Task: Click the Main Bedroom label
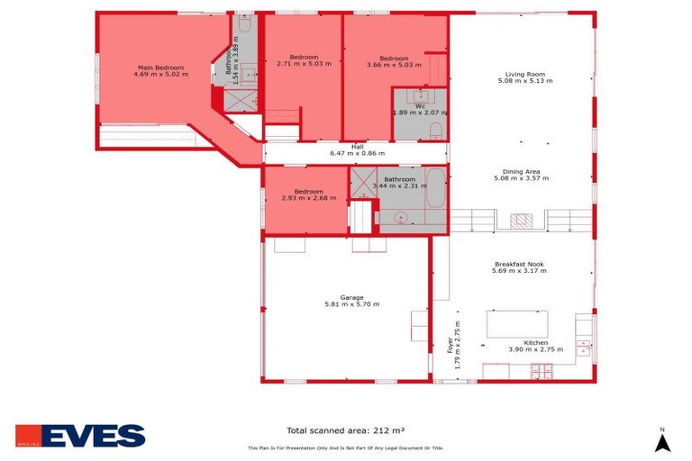(x=161, y=68)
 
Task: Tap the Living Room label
(x=524, y=75)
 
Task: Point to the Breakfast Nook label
(x=519, y=264)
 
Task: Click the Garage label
(x=351, y=297)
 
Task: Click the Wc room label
(x=420, y=106)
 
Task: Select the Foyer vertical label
(x=451, y=345)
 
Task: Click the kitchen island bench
(x=517, y=323)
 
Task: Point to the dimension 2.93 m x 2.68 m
(x=308, y=198)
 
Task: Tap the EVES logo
(x=80, y=437)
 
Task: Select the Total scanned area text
(x=345, y=430)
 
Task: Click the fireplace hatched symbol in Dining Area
(x=522, y=221)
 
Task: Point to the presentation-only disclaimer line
(x=345, y=447)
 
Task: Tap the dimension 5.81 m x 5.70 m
(x=351, y=304)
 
